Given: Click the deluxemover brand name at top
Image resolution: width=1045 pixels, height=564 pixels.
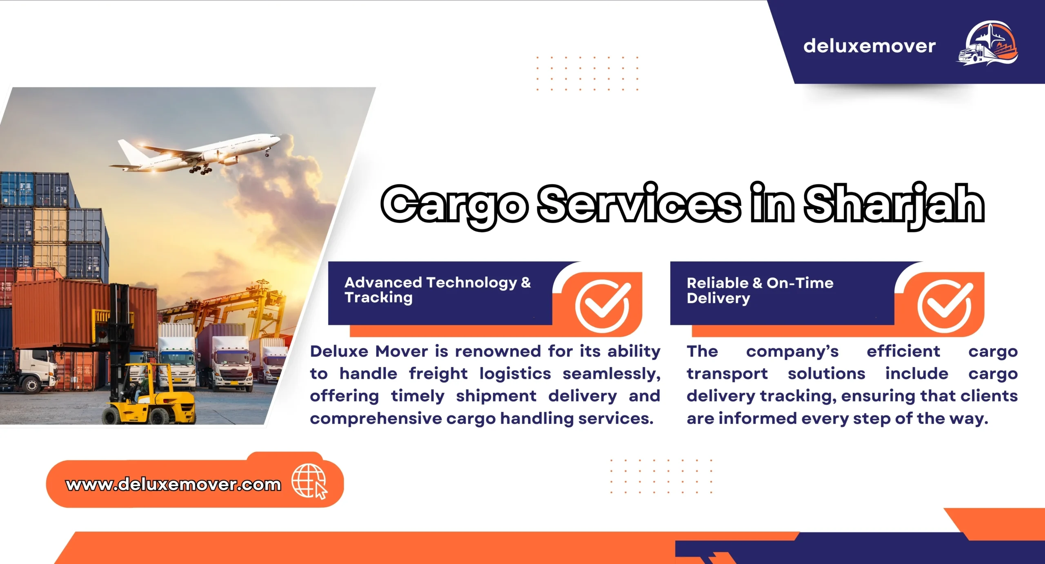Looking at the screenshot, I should click(869, 46).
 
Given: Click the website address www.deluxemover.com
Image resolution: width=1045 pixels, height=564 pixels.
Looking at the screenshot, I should click(173, 484).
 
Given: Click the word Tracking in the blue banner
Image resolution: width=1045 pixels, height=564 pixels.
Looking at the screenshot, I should click(378, 298).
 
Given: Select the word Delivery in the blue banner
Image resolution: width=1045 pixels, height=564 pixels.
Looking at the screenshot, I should click(718, 298).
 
